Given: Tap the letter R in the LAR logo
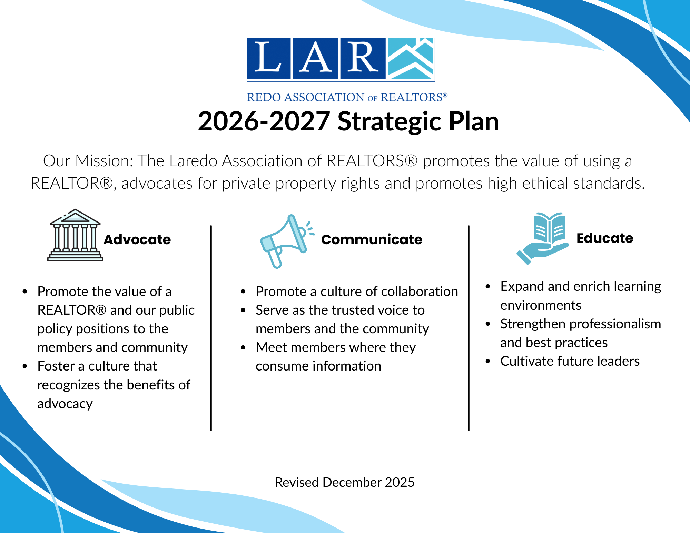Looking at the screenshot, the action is pos(362,57).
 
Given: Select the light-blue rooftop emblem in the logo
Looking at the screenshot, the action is pos(411,59).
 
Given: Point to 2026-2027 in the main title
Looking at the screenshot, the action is pos(264,121).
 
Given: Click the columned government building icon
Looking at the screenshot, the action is pos(75,235).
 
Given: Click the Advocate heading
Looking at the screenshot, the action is pos(137,239).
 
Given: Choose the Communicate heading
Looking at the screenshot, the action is pos(372,239).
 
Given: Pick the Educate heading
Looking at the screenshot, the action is pos(605,238).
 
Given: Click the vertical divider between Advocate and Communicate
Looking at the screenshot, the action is pos(211,328).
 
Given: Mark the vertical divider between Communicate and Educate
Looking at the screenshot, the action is pos(469,328).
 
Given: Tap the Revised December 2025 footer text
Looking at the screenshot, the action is pos(345,482).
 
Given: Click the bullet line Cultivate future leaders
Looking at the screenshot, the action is pos(570,361).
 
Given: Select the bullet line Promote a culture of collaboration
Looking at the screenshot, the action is pos(357,292).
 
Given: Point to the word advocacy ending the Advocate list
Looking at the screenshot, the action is pos(65,404).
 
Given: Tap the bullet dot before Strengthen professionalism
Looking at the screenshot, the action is pos(488,324).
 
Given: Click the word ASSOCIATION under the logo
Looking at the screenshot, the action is pos(324,97).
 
